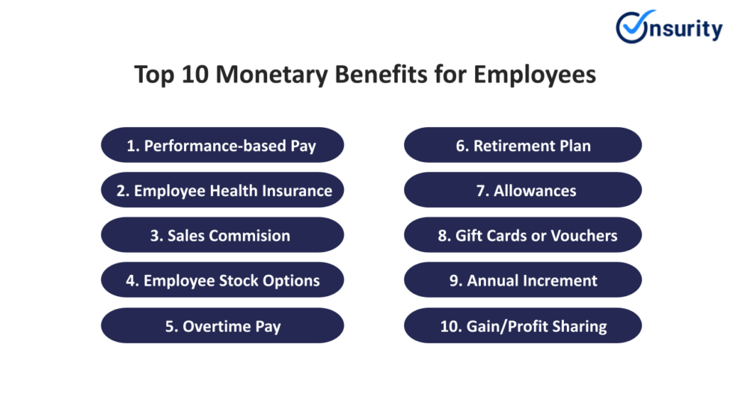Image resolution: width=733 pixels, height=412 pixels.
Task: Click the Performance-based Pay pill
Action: click(222, 145)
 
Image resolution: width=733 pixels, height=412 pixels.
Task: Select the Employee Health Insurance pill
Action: click(222, 190)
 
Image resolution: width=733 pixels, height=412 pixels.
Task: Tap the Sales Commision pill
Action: click(222, 236)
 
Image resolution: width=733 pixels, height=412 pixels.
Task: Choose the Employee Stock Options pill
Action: click(222, 280)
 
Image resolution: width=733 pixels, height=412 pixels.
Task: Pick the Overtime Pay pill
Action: click(222, 326)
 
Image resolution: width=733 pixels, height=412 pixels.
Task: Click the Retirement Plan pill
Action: click(523, 145)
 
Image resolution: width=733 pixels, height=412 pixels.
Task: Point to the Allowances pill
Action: click(523, 190)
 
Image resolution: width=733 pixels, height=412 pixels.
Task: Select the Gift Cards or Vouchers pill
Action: click(523, 236)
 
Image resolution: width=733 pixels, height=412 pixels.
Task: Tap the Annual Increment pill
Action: click(523, 280)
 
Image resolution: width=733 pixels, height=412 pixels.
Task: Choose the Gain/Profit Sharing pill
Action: click(523, 326)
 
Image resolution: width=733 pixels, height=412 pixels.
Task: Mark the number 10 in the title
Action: click(184, 76)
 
